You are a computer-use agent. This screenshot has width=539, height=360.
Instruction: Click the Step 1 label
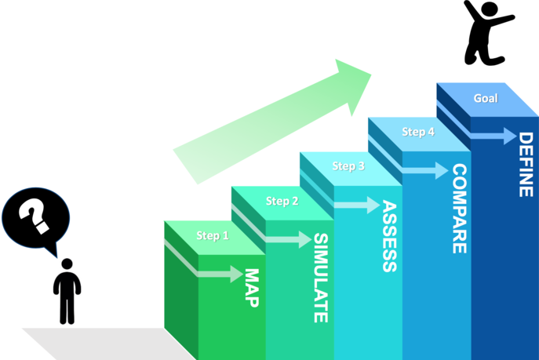tap(213, 235)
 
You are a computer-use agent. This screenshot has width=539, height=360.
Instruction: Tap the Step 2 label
tap(282, 201)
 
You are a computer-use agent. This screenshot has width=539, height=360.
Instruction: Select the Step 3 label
tap(348, 165)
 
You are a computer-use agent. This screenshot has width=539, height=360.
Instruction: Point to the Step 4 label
tap(418, 132)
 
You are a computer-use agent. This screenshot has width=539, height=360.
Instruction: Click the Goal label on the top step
tap(486, 98)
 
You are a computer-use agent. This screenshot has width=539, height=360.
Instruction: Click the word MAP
tap(252, 288)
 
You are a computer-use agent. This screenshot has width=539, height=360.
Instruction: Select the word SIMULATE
tap(320, 278)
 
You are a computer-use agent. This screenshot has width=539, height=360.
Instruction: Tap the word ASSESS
tap(389, 236)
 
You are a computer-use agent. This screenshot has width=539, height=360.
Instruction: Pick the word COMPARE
tap(459, 209)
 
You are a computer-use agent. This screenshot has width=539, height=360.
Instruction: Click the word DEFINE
tap(525, 165)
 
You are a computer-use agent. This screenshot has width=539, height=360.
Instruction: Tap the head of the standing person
tap(67, 265)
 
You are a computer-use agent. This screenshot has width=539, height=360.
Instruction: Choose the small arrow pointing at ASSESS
tap(360, 205)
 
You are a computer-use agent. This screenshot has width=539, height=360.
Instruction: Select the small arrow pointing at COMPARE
tap(428, 171)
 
